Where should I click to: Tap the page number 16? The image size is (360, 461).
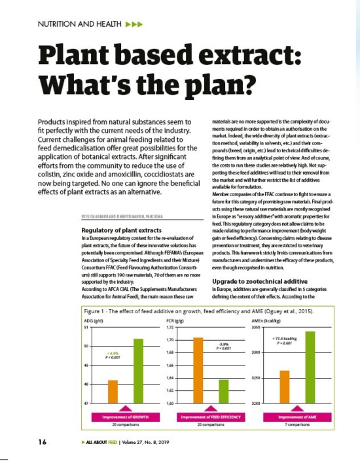tap(42, 441)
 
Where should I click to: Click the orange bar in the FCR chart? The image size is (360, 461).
tap(198, 370)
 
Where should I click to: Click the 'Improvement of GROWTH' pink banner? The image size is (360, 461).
tap(124, 417)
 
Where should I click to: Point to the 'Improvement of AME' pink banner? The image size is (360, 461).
tap(298, 417)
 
